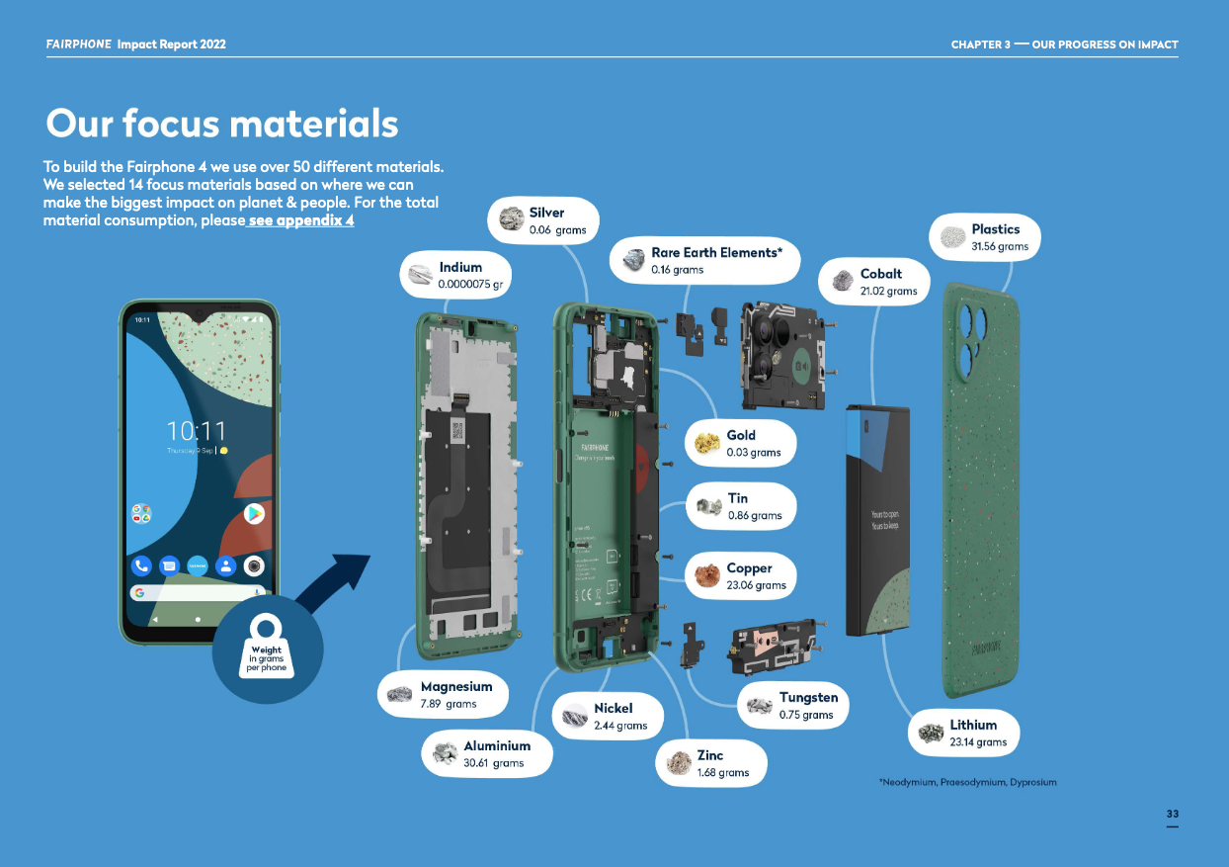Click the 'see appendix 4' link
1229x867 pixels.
(300, 220)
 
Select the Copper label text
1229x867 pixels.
(749, 568)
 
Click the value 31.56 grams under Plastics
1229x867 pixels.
(1000, 246)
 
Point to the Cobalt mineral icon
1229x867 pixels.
(842, 282)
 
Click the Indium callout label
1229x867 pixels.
(460, 267)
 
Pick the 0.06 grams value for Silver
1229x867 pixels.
(557, 230)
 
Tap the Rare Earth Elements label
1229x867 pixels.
(716, 253)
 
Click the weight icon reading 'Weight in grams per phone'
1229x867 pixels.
(267, 650)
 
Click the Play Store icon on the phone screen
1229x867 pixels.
(254, 513)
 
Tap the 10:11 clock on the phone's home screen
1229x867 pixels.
(196, 432)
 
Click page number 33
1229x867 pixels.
(1172, 814)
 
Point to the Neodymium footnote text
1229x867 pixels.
(967, 782)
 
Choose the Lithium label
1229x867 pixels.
(973, 725)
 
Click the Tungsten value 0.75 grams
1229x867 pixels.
(806, 715)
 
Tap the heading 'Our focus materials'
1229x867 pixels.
(222, 125)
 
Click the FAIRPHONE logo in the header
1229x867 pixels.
(78, 44)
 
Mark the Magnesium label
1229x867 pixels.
(455, 686)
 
